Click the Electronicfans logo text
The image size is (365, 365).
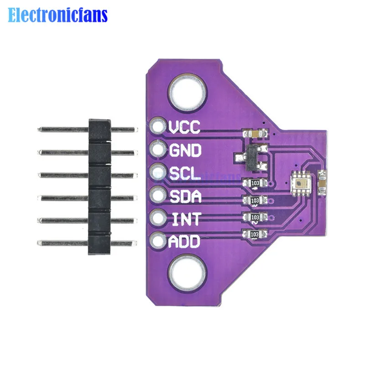tap(58, 15)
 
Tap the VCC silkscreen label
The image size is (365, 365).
tap(184, 127)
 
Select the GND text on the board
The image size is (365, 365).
tap(185, 150)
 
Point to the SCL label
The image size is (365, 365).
tap(184, 173)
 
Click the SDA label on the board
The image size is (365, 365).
tap(185, 196)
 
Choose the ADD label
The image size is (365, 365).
tap(185, 241)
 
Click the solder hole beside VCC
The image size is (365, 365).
tap(158, 127)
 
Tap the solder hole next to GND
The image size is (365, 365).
tap(158, 149)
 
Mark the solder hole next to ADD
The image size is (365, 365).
tap(158, 240)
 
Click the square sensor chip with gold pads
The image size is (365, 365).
tap(300, 184)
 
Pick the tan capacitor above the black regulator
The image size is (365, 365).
tap(252, 133)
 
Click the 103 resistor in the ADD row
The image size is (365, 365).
tap(255, 234)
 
